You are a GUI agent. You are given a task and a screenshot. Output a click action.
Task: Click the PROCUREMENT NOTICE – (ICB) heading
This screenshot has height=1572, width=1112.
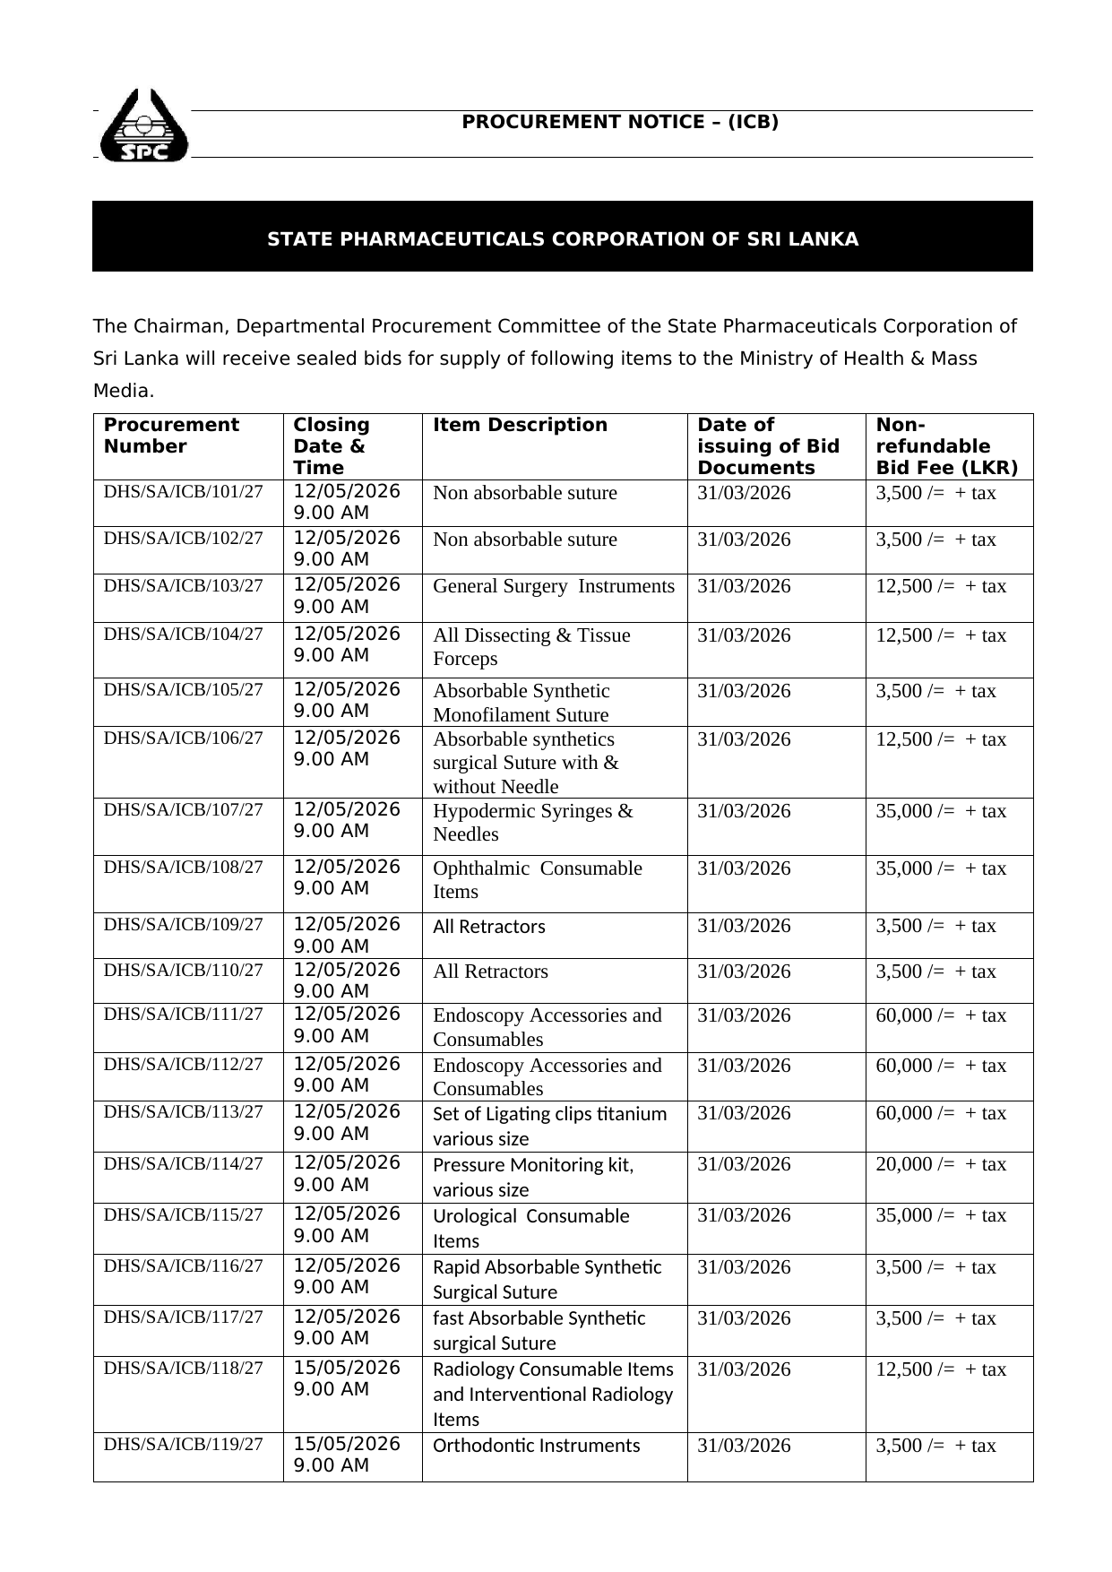[620, 122]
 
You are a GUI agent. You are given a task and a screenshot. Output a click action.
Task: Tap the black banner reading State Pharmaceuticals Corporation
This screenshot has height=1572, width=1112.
[563, 239]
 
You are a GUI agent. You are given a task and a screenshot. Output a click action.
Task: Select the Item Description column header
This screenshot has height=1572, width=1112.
[520, 425]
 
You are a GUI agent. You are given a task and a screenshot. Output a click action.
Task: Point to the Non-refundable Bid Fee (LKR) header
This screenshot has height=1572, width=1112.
[946, 446]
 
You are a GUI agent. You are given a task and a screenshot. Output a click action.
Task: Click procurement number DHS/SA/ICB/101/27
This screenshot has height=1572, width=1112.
[184, 491]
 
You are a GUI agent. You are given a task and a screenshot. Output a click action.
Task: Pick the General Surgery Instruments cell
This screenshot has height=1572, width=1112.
[553, 586]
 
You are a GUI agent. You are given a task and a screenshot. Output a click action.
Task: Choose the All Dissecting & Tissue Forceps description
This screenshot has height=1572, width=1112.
[531, 647]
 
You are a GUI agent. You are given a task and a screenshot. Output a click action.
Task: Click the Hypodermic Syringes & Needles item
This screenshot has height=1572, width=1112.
[532, 823]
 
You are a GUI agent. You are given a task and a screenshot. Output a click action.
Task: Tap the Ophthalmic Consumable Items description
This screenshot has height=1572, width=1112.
[537, 880]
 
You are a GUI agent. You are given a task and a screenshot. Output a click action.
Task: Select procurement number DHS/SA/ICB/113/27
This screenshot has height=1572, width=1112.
[184, 1111]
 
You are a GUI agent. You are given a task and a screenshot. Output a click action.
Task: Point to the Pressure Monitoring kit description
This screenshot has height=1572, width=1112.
[532, 1177]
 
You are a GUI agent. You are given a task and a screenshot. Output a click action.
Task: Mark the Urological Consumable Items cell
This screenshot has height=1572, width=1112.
[530, 1228]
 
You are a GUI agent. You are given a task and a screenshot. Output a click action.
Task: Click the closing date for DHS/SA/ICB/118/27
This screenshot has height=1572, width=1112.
[347, 1378]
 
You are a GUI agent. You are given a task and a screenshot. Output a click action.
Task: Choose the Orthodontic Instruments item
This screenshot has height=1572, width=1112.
[536, 1446]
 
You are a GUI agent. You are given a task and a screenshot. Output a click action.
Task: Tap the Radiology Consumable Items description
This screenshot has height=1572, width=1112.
[552, 1394]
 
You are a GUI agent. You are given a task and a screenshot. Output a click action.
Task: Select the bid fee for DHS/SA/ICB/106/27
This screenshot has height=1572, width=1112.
[940, 739]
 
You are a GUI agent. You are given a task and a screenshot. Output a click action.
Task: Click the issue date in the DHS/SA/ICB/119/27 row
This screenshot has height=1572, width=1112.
[744, 1446]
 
